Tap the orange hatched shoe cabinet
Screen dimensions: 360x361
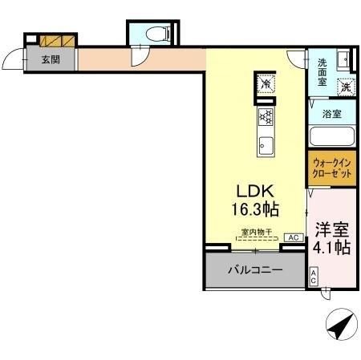tap(58, 39)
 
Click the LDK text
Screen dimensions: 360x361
tap(255, 192)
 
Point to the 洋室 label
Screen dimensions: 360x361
tap(331, 228)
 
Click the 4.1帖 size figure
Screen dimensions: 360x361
tap(331, 248)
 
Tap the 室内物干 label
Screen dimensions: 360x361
tap(258, 233)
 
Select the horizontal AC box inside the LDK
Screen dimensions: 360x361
tap(293, 238)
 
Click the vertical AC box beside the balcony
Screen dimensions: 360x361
tap(314, 277)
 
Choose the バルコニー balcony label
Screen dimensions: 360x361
tap(255, 270)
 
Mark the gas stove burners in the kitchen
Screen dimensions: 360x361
tap(266, 119)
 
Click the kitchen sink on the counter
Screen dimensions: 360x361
tap(266, 147)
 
